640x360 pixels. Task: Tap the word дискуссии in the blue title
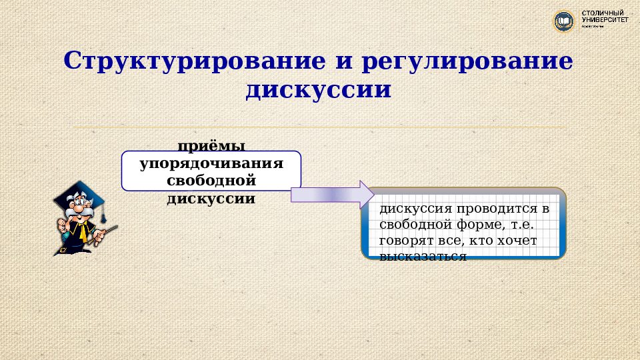319,90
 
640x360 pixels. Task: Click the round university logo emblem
565,21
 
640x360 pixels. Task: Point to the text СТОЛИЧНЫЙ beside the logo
603,13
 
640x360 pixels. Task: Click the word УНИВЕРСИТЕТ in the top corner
605,21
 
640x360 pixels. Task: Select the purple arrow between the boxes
332,194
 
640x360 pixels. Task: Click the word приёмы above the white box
211,146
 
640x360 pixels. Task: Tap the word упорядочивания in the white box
211,163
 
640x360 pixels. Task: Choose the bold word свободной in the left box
211,181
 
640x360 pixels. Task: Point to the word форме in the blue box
475,225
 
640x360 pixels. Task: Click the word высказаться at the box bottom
422,256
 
